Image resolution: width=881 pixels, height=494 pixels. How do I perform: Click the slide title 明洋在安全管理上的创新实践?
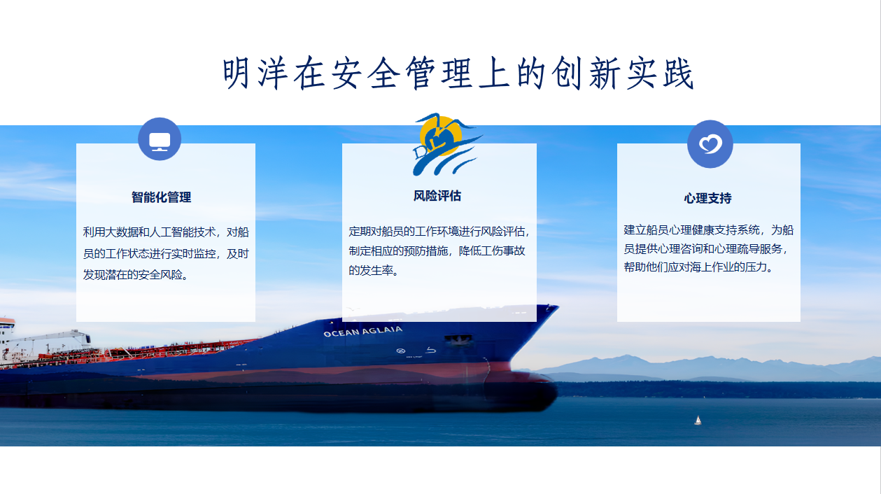pyautogui.click(x=458, y=73)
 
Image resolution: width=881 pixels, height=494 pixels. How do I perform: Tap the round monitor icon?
pyautogui.click(x=160, y=139)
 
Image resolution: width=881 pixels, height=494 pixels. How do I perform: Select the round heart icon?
pyautogui.click(x=710, y=144)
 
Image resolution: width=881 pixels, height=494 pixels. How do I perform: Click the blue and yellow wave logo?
pyautogui.click(x=446, y=144)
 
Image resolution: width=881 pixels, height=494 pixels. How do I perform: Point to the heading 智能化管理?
pyautogui.click(x=161, y=197)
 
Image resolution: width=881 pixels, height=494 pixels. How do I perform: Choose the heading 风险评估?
pyautogui.click(x=437, y=195)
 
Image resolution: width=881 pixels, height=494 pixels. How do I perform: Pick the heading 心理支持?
pyautogui.click(x=707, y=198)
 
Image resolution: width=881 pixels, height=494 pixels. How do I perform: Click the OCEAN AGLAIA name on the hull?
pyautogui.click(x=362, y=331)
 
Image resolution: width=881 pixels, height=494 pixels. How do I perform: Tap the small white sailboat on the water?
pyautogui.click(x=698, y=421)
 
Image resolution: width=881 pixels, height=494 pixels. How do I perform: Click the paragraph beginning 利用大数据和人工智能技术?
pyautogui.click(x=166, y=253)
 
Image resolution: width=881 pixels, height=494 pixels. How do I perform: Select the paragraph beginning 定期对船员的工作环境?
pyautogui.click(x=439, y=251)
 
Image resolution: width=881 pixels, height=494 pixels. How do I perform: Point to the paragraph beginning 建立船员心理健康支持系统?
pyautogui.click(x=708, y=248)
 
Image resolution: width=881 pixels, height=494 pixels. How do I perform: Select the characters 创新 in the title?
pyautogui.click(x=585, y=73)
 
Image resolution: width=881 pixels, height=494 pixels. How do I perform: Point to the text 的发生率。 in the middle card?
pyautogui.click(x=374, y=271)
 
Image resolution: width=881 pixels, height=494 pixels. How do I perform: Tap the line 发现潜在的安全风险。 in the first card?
pyautogui.click(x=136, y=274)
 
